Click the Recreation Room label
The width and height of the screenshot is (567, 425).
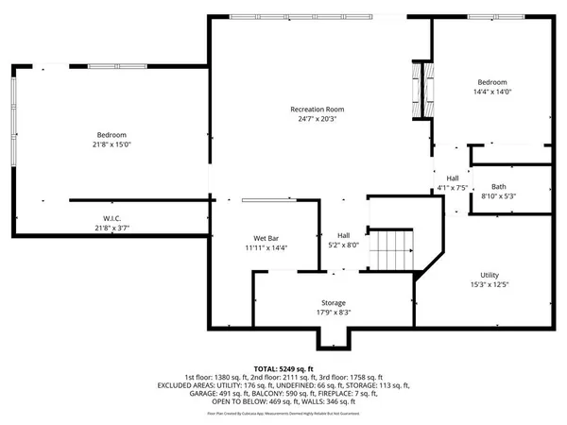(x=316, y=110)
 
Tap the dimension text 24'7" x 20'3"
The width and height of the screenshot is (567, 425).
(x=316, y=120)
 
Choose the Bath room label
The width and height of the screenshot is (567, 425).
(x=499, y=186)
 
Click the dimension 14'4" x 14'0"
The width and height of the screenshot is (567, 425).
(x=492, y=93)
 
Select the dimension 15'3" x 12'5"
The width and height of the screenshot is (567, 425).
(x=490, y=283)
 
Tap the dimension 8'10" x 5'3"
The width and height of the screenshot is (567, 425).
(x=499, y=196)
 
